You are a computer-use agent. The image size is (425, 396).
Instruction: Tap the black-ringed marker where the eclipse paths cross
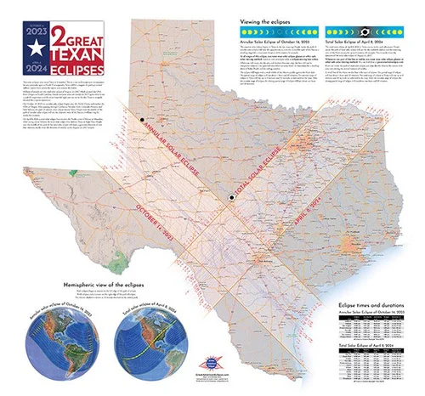(230, 198)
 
